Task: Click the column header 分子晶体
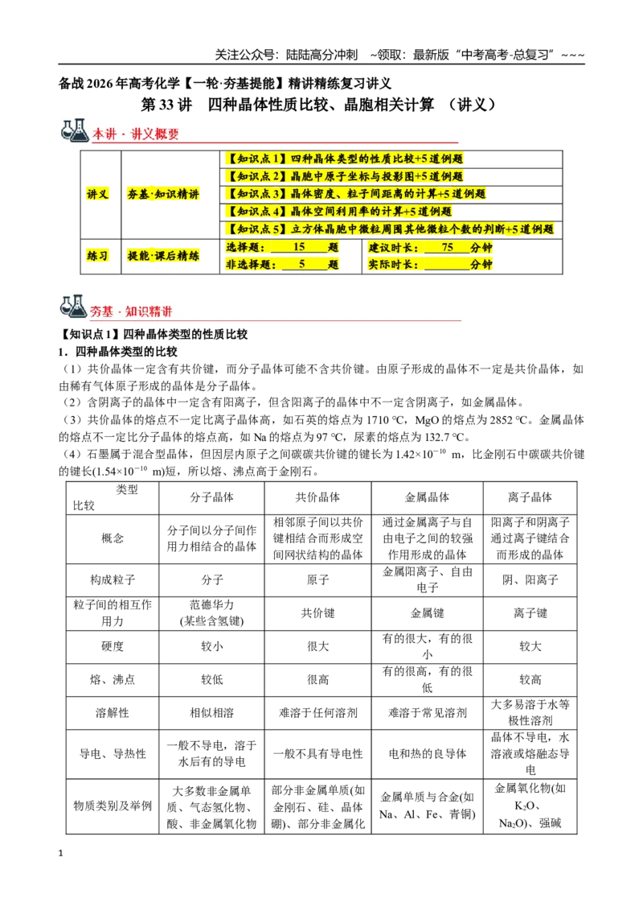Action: point(212,497)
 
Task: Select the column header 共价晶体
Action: point(317,497)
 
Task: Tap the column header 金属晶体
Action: point(427,497)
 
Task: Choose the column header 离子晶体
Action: point(530,497)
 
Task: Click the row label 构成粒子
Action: point(113,579)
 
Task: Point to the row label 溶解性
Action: point(113,713)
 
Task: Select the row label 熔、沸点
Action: point(113,680)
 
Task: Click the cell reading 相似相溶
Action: point(212,713)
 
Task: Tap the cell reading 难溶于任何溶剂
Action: point(317,713)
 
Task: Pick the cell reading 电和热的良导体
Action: point(427,753)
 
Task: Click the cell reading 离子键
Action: point(530,613)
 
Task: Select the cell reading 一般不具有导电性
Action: point(317,753)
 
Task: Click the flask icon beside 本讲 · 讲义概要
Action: point(75,130)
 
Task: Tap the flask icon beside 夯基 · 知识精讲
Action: point(74,307)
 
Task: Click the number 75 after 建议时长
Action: point(447,247)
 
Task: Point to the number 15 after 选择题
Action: point(299,247)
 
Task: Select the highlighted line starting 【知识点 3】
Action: point(356,194)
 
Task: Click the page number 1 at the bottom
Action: point(60,853)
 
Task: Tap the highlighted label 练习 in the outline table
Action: point(97,256)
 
